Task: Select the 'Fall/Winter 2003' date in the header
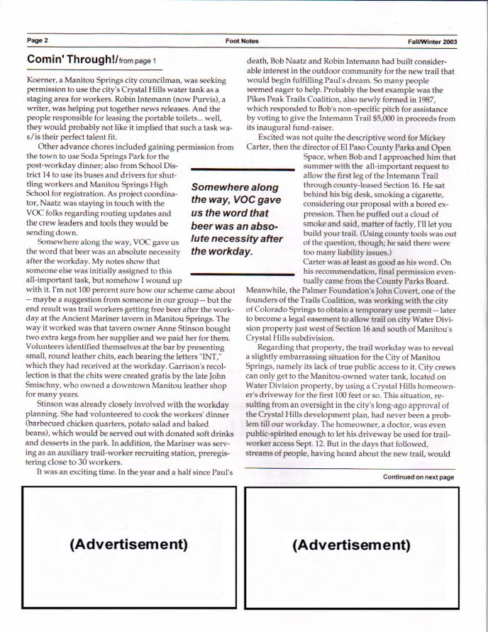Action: click(x=440, y=41)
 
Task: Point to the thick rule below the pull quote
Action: click(x=243, y=272)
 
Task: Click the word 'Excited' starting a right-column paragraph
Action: click(x=274, y=135)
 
